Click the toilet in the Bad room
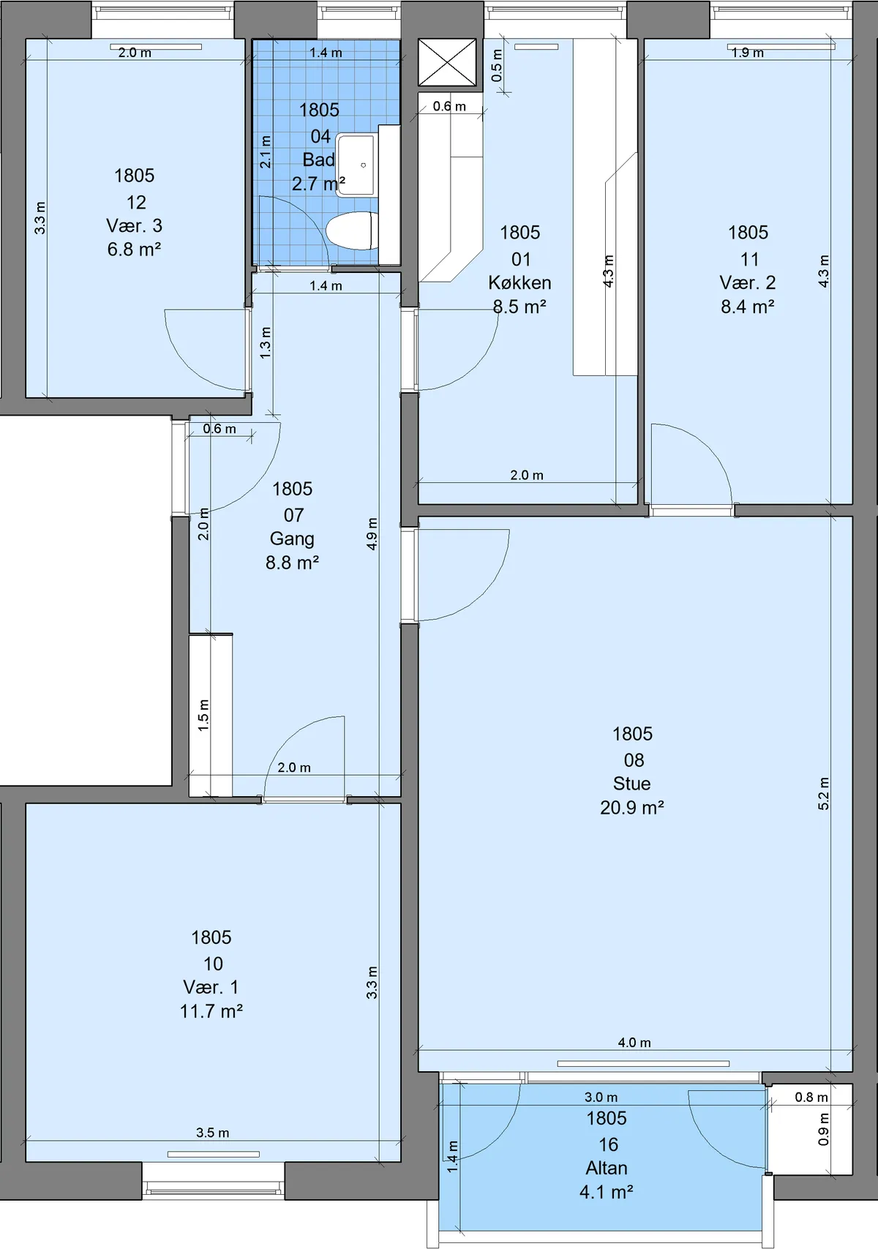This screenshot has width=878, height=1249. tap(349, 230)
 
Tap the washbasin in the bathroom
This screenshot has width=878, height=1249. tap(355, 165)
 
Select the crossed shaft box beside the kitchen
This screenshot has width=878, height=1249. tap(447, 62)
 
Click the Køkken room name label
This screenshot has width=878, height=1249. tap(519, 282)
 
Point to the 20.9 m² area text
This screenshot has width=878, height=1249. tap(631, 807)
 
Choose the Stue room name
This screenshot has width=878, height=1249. tap(631, 784)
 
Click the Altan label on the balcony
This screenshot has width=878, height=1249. tap(607, 1168)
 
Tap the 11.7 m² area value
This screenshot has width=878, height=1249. tap(211, 1010)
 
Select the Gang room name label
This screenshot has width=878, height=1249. tap(292, 539)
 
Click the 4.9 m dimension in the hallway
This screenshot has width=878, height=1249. tap(372, 533)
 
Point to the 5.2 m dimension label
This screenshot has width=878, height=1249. tap(823, 793)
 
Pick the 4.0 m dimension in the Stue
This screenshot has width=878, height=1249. tap(634, 1042)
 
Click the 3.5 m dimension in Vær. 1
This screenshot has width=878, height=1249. tap(212, 1133)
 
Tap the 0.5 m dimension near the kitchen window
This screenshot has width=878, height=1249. tap(497, 65)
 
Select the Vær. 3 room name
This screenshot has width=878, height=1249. tap(135, 226)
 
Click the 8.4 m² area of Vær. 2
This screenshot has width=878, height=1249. tap(748, 306)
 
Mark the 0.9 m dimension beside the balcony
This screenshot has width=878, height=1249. tap(823, 1130)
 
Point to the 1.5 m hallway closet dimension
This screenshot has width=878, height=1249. tap(203, 716)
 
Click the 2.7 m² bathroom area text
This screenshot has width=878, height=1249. tap(318, 183)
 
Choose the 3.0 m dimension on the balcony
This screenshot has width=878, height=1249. tap(601, 1097)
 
